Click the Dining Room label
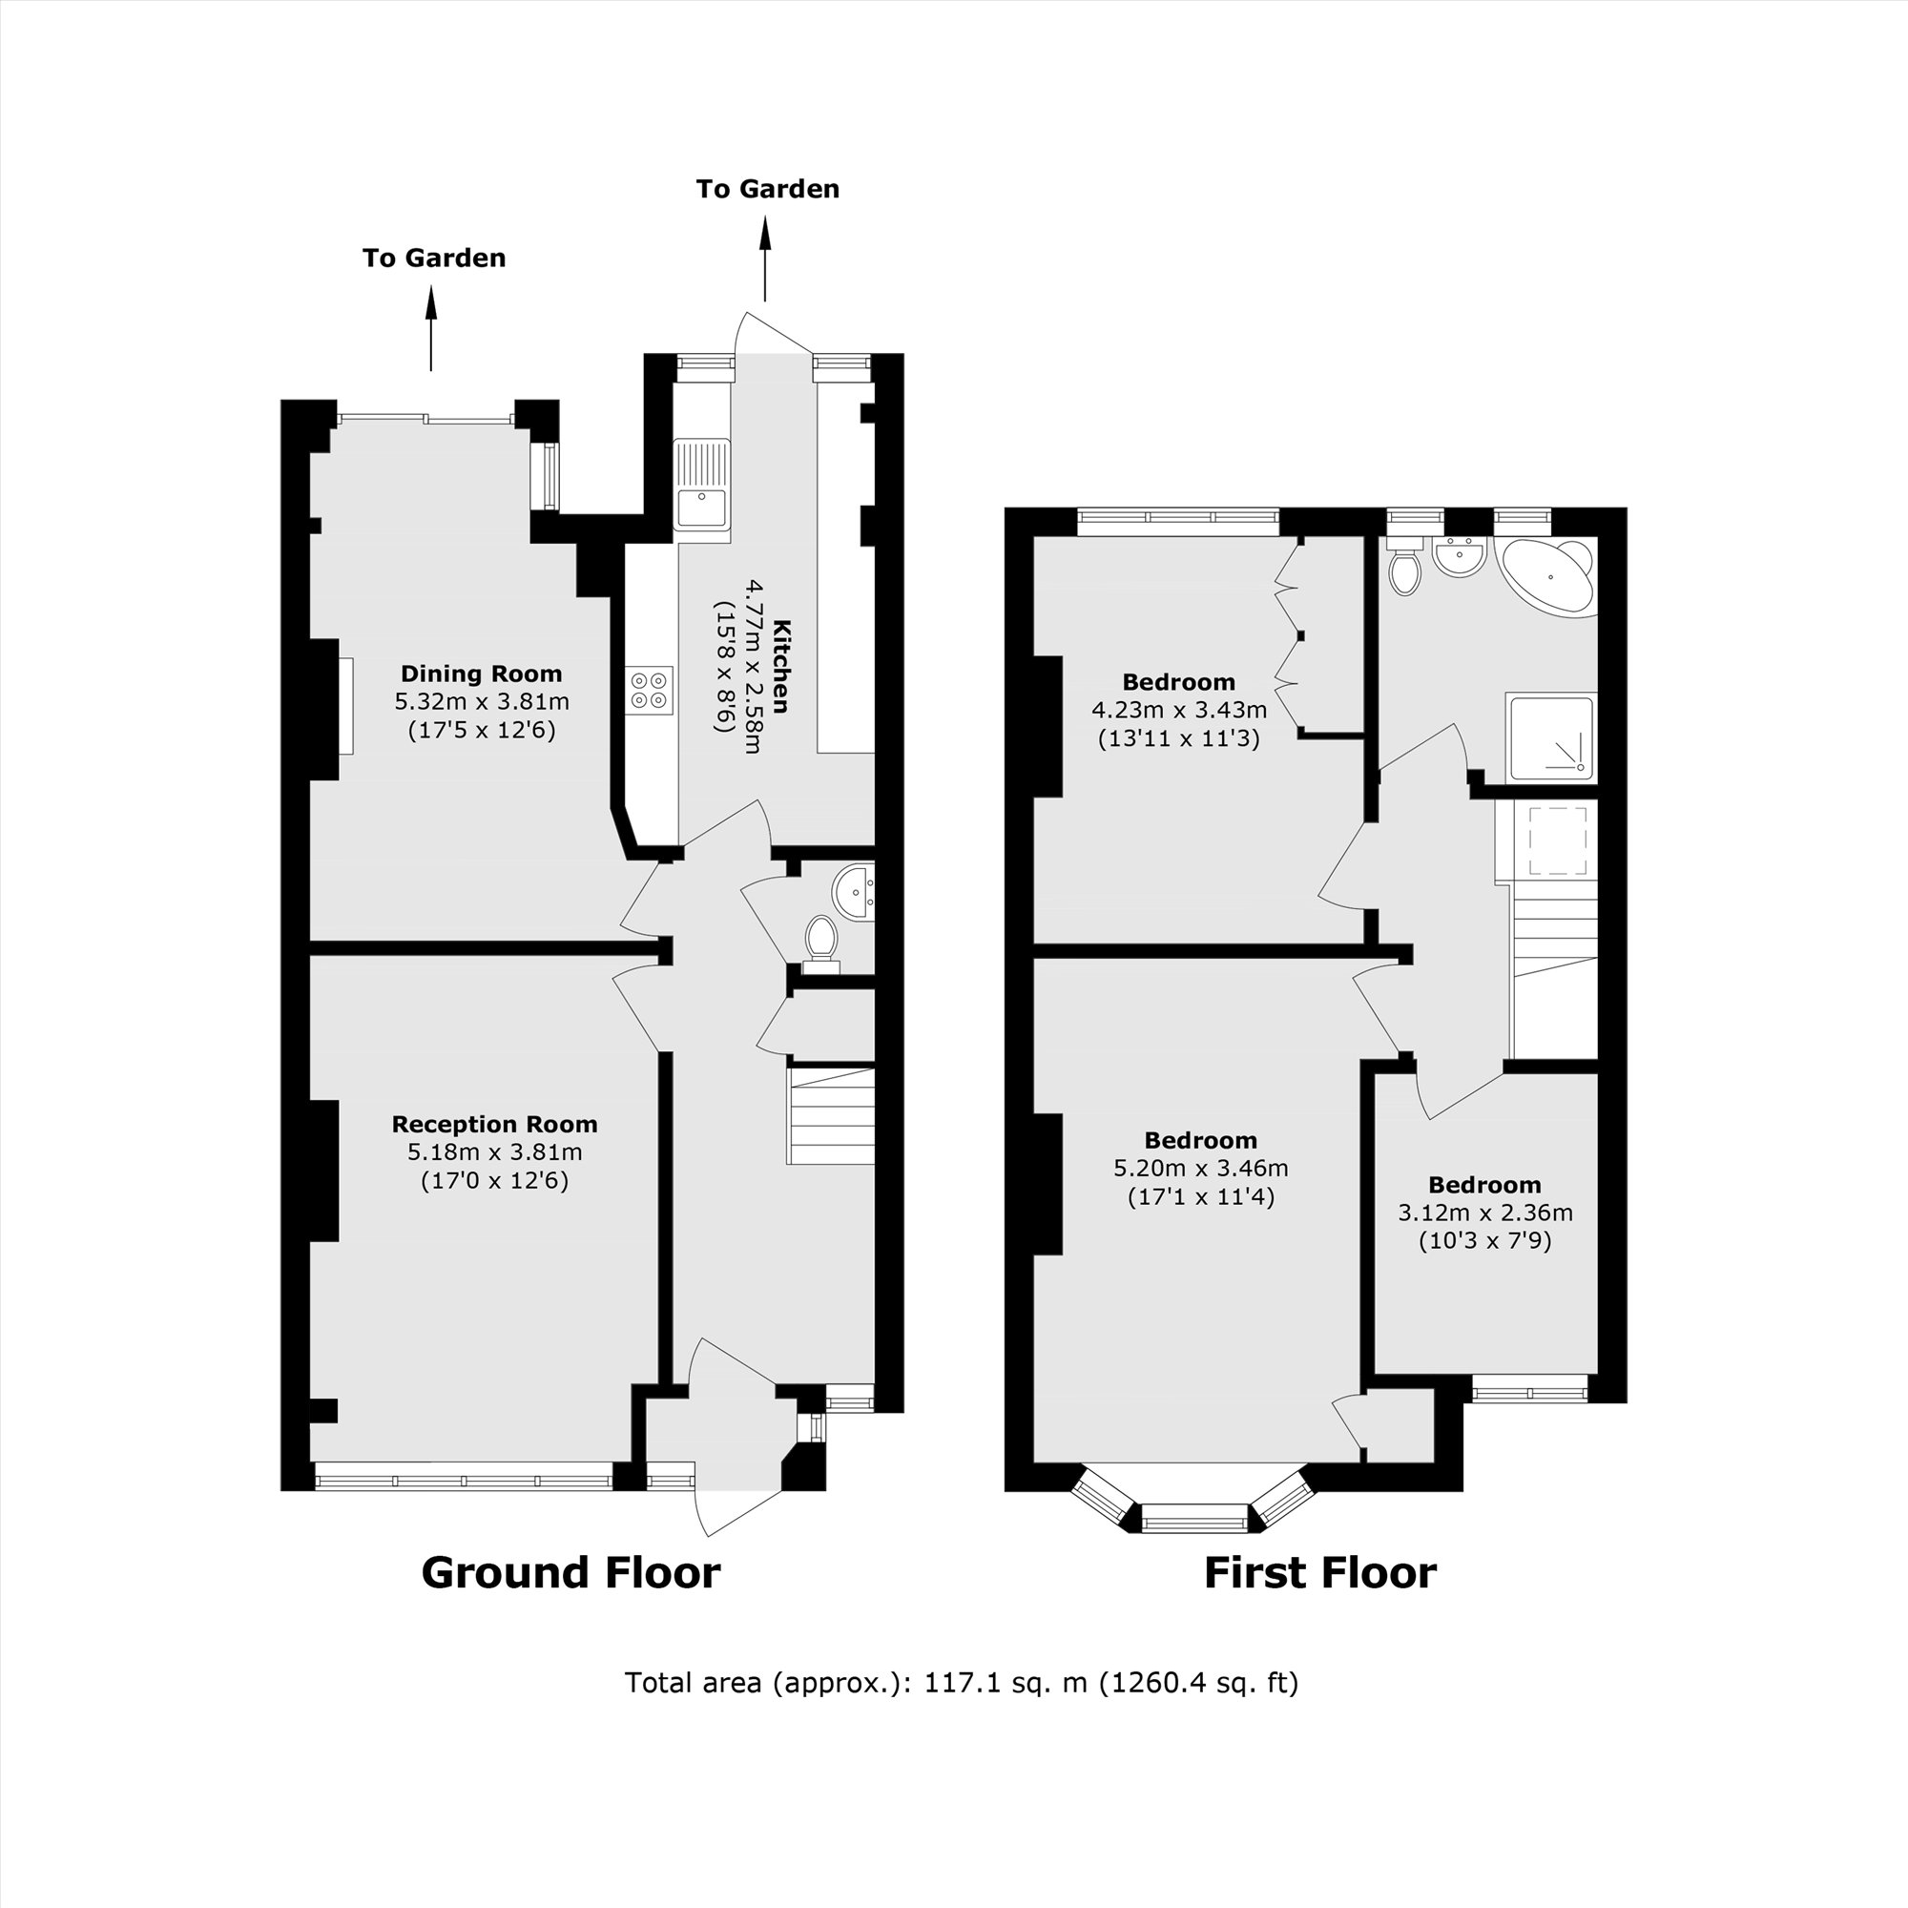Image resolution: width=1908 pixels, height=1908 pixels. coord(481,674)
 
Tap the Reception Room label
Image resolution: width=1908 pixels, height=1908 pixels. coord(494,1124)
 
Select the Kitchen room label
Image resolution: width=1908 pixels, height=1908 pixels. coord(781,666)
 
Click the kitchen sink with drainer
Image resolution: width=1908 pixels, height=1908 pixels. coord(702,484)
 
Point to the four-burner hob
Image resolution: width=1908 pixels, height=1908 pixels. coord(650,690)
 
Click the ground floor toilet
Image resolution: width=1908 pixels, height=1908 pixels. coord(819,938)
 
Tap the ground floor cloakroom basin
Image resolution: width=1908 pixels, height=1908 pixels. coord(851,892)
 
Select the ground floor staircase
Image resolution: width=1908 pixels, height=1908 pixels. coord(831,1116)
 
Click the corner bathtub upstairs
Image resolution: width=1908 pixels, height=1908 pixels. coord(1548,577)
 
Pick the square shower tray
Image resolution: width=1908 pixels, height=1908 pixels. coord(1549,736)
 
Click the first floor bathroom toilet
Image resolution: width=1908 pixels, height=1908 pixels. coord(1403,569)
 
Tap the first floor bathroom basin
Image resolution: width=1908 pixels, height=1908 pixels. coord(1460,559)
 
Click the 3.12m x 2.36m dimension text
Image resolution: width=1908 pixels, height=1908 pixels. coord(1484,1213)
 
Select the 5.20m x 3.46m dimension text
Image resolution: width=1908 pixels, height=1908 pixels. coord(1201,1169)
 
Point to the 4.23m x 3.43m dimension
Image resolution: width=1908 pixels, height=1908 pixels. coord(1178,709)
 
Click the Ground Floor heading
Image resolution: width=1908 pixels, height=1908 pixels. coord(570,1572)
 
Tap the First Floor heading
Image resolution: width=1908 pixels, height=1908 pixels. coord(1319,1572)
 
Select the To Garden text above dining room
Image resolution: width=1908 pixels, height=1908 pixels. coord(433,258)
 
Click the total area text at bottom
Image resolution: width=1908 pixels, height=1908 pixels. coord(961,1682)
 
